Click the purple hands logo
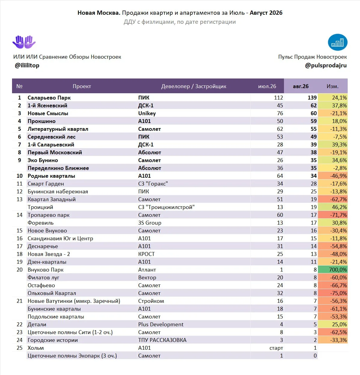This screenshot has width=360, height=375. click(x=24, y=42)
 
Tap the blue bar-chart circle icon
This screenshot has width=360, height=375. click(x=337, y=42)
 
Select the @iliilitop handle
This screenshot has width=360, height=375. click(x=27, y=66)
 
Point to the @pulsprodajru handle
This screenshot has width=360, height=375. click(x=326, y=66)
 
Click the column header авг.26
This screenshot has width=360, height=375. click(x=301, y=86)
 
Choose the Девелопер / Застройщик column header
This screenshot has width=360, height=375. click(x=194, y=86)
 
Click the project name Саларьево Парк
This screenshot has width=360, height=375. click(x=49, y=98)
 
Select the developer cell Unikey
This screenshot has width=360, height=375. click(x=147, y=113)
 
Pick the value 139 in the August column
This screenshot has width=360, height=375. click(x=312, y=98)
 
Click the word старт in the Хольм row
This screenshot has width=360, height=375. click(x=276, y=348)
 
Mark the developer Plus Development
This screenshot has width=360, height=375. click(x=161, y=324)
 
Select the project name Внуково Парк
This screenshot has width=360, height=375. click(x=45, y=270)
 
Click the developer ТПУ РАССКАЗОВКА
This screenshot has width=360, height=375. click(x=162, y=340)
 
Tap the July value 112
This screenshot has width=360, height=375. click(x=278, y=98)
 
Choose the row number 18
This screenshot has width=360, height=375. click(x=20, y=254)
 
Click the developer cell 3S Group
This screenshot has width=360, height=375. click(x=150, y=223)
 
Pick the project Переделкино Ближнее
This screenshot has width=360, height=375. click(x=58, y=168)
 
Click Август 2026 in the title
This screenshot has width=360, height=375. click(x=266, y=13)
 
